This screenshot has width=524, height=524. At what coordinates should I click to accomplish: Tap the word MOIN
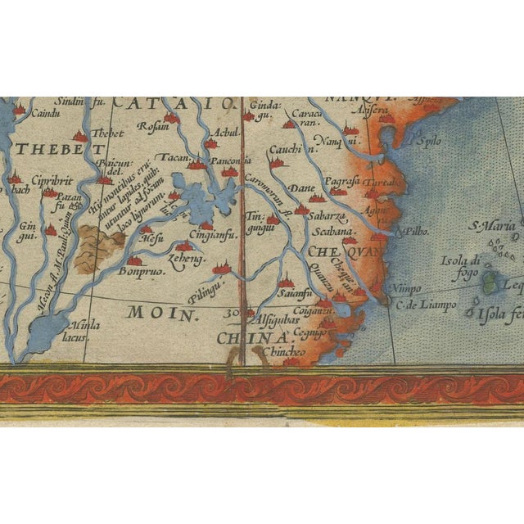click(x=154, y=313)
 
